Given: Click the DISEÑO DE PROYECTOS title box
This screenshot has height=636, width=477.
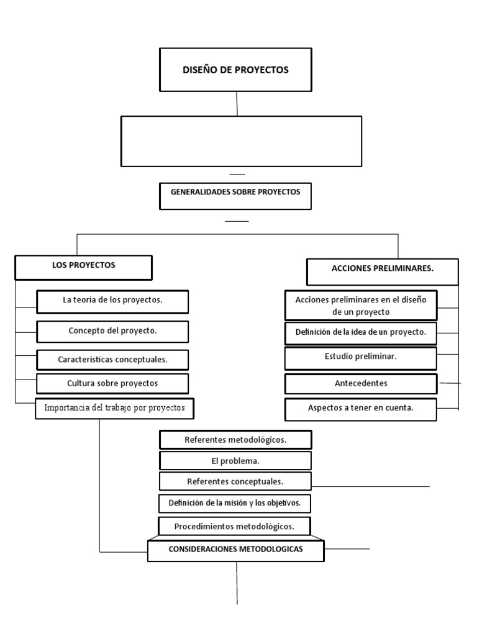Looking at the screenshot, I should [x=235, y=70].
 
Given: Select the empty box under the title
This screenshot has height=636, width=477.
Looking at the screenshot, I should [x=241, y=141].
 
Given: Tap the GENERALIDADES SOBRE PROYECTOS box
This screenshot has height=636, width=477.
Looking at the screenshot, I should [x=235, y=193].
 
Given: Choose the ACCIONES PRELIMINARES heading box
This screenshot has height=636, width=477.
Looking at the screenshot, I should [x=383, y=270].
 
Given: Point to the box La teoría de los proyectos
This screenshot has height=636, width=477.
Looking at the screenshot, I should [x=112, y=301].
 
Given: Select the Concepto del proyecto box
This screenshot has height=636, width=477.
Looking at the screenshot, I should [x=112, y=331].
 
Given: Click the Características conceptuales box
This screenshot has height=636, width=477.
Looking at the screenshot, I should [x=112, y=360].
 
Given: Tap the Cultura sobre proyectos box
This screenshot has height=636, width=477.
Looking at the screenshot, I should [x=112, y=383].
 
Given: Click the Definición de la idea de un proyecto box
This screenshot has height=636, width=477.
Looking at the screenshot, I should [x=360, y=332].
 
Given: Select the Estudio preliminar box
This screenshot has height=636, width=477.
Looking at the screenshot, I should [x=360, y=358].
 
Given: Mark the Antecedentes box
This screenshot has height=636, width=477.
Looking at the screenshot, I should [x=360, y=383].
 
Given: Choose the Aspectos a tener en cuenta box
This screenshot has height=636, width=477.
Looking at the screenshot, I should [x=360, y=409].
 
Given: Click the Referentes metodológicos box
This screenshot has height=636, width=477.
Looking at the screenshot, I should [x=235, y=440].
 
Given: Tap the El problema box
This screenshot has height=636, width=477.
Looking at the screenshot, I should [x=235, y=461].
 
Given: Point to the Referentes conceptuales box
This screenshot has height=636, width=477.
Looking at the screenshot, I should [x=235, y=481].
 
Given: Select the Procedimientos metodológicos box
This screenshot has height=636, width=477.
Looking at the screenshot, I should [x=234, y=527].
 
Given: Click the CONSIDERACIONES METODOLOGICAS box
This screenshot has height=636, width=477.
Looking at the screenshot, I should [x=235, y=550].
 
